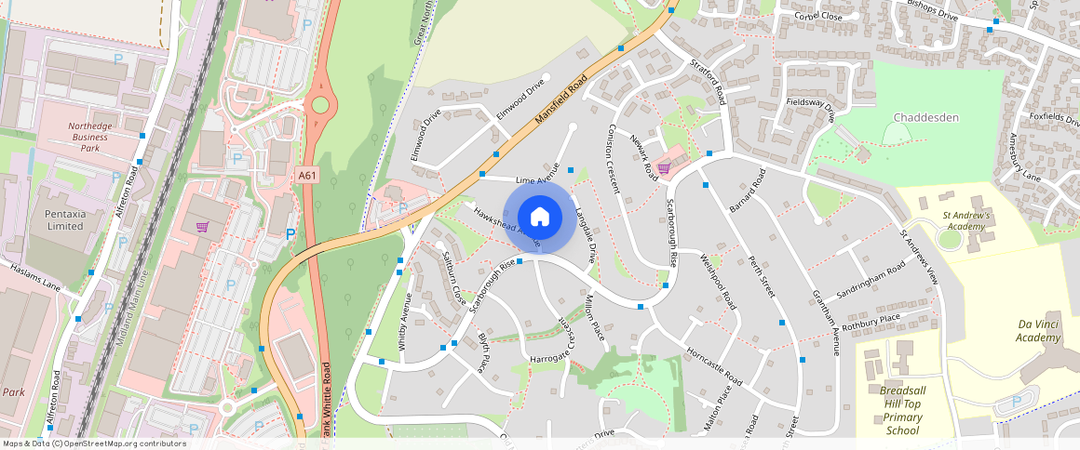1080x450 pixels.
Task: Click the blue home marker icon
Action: (539, 217)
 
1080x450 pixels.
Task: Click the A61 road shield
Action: (306, 175)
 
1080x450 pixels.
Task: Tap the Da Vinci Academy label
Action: (1038, 330)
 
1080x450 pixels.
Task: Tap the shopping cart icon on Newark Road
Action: (664, 167)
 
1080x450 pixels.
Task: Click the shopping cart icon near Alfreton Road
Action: (202, 226)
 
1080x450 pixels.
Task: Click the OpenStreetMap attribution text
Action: (94, 443)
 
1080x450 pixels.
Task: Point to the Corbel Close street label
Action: (818, 17)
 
